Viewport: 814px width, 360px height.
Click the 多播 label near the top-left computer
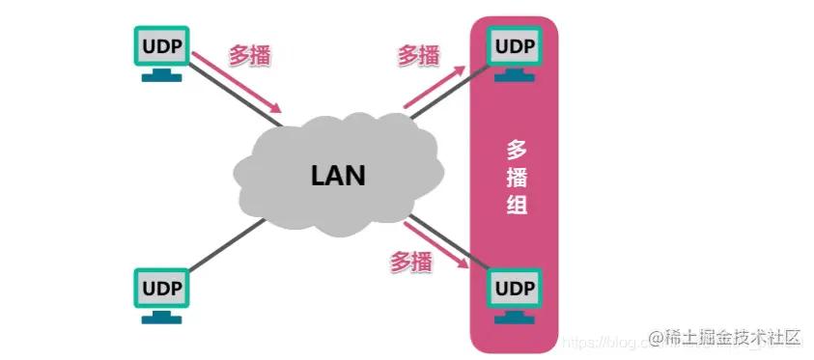(x=249, y=55)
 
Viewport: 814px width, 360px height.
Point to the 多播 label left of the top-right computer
(x=419, y=55)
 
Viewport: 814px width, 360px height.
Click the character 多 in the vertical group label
(x=517, y=150)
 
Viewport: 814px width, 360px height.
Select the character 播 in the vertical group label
(x=517, y=178)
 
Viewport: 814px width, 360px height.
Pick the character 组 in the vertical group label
(x=517, y=205)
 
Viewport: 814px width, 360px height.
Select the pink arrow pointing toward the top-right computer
(x=435, y=87)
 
